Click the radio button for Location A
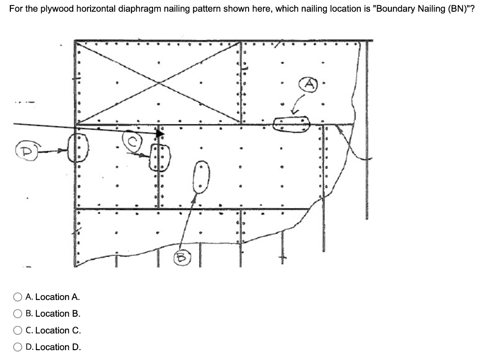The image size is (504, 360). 18,297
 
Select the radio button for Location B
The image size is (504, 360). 18,314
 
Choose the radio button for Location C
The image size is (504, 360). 18,330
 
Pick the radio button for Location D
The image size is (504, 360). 18,347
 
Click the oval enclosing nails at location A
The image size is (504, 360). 292,124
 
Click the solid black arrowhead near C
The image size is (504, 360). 160,133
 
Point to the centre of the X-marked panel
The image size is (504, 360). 157,82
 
